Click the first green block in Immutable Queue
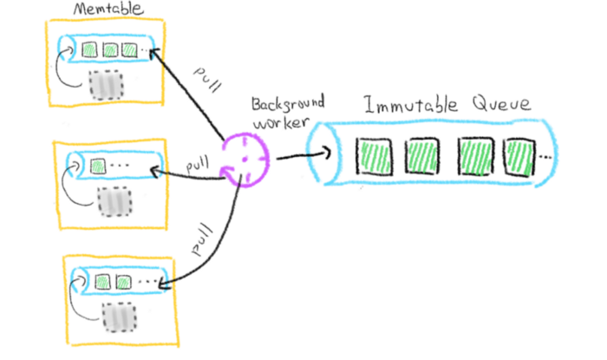tap(375, 156)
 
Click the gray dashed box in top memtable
tap(106, 84)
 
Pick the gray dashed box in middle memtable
tap(112, 201)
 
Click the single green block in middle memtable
tap(97, 163)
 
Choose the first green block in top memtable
tap(89, 50)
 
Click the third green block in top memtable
tap(130, 50)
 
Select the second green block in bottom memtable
tap(122, 282)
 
